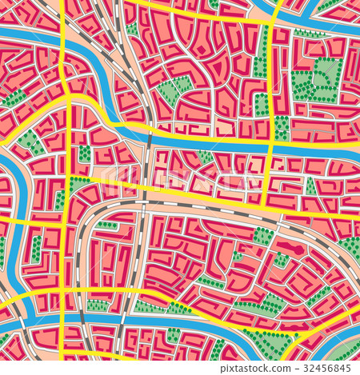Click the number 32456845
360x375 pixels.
(329, 369)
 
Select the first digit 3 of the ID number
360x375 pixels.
(307, 369)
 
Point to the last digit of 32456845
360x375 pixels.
(350, 369)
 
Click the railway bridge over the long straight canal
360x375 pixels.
(149, 140)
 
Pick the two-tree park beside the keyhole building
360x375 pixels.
(282, 260)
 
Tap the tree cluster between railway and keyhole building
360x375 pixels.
(263, 235)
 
